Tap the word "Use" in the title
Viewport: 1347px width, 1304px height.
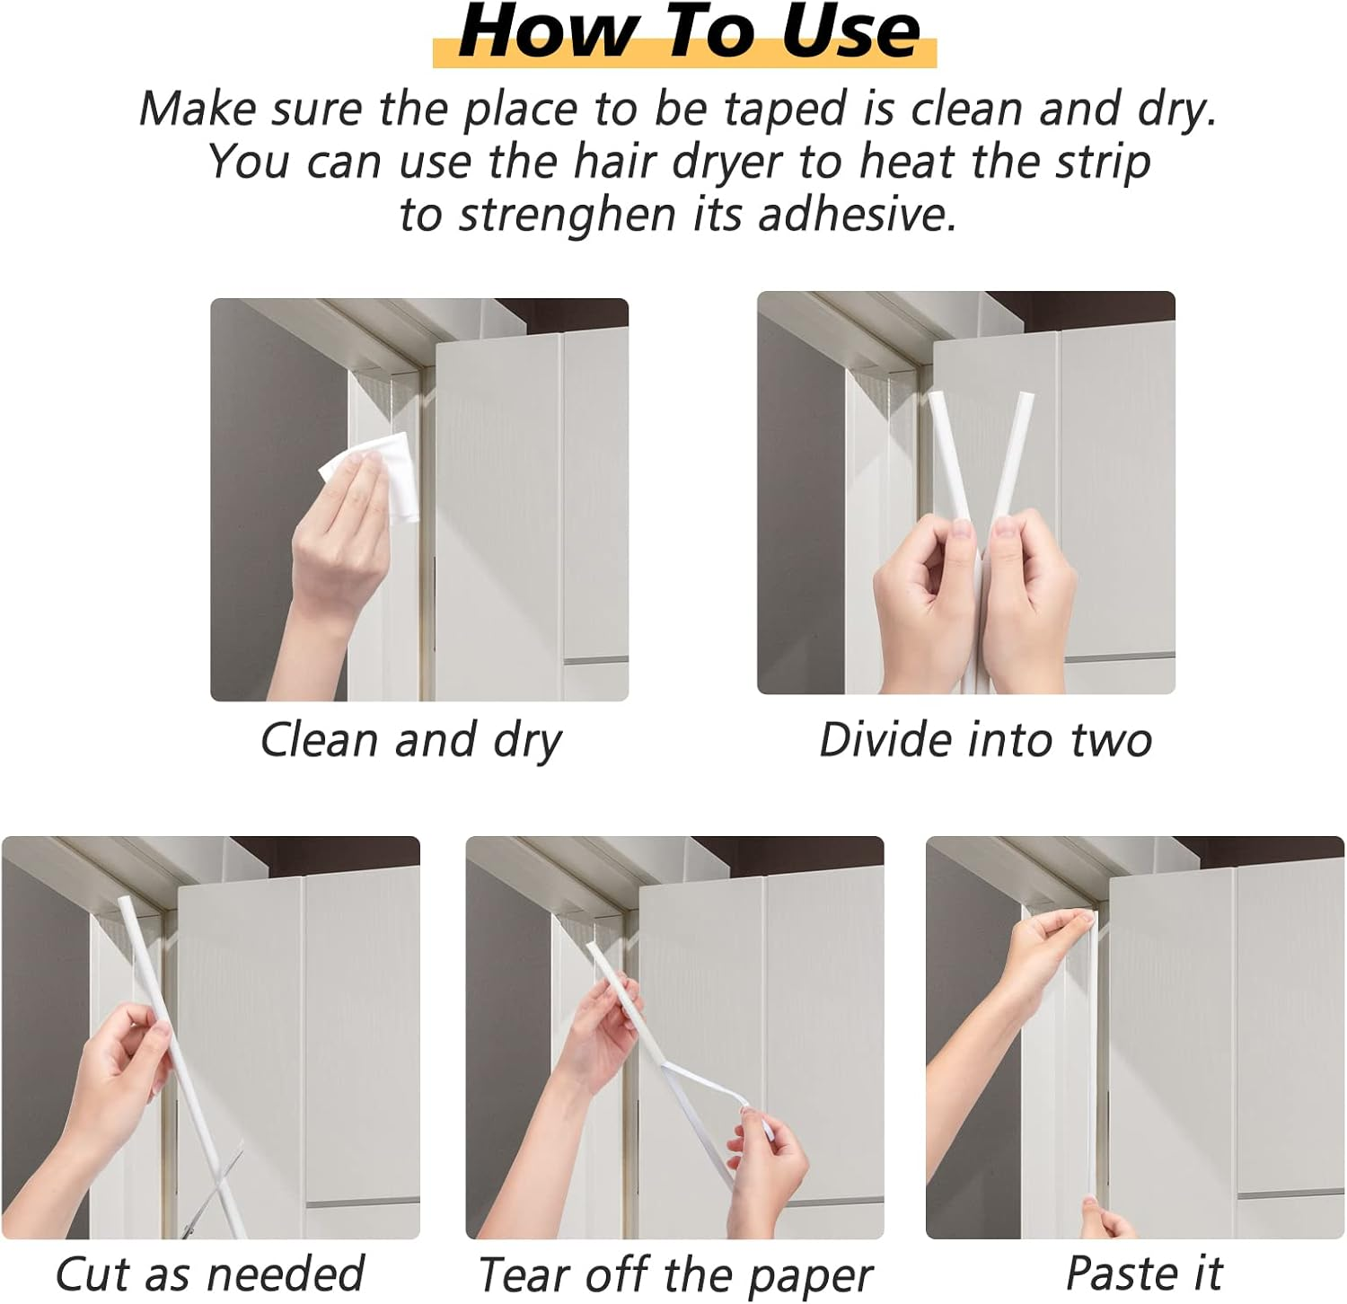(x=850, y=32)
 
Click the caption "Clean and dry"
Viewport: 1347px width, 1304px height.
(x=411, y=741)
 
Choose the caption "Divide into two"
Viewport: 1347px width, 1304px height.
(x=985, y=741)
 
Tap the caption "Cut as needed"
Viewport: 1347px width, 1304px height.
(x=210, y=1273)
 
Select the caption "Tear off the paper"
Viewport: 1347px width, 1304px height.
(x=675, y=1275)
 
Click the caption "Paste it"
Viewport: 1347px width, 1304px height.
(x=1144, y=1273)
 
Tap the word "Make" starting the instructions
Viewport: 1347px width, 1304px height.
(x=198, y=110)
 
